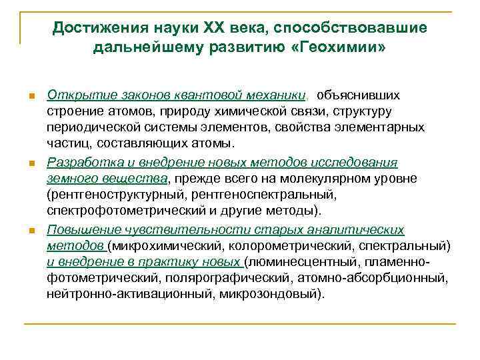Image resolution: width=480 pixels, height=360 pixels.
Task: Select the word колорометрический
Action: coord(283,246)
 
